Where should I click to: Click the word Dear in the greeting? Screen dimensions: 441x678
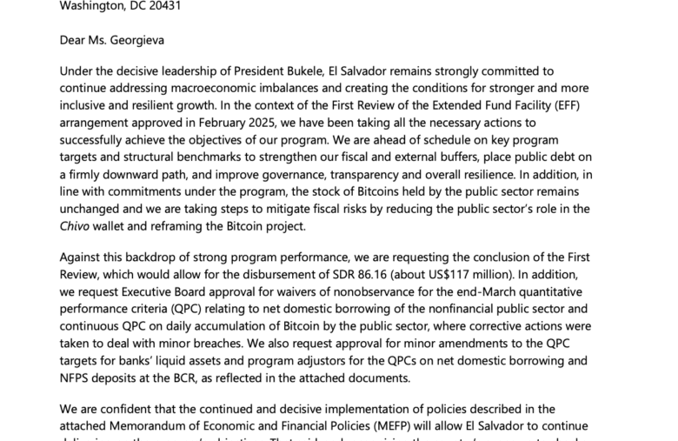(76, 39)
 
